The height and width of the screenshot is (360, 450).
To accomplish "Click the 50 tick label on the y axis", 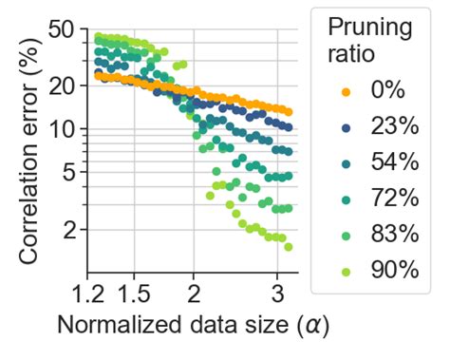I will tap(61, 29).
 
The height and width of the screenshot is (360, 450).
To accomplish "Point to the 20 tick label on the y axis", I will tap(61, 85).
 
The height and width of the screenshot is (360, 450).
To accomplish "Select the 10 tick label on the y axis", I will tap(61, 128).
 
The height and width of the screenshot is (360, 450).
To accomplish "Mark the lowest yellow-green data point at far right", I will tap(288, 247).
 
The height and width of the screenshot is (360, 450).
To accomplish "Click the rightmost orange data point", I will tap(288, 112).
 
